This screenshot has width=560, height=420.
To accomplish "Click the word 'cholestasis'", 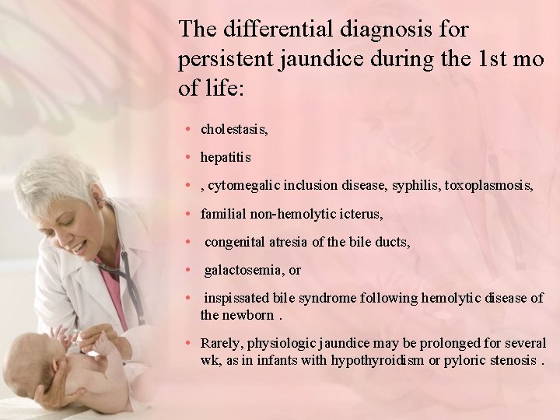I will point(233,129).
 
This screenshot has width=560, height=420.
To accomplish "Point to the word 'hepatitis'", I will point(226,157).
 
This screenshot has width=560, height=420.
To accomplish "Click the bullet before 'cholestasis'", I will point(189,128).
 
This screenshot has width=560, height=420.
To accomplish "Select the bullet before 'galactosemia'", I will point(189,269).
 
